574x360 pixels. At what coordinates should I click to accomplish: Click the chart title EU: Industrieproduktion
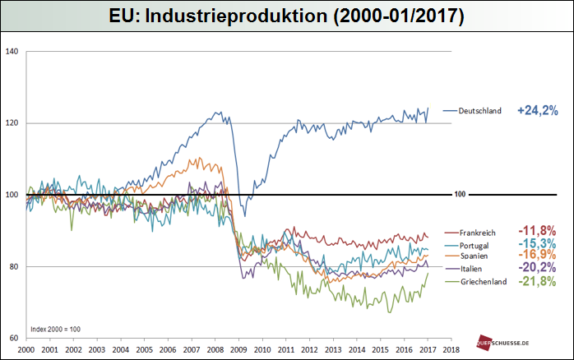click(286, 16)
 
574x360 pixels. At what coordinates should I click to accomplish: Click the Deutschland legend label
click(480, 110)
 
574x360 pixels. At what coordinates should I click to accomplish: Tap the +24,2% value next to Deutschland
click(539, 109)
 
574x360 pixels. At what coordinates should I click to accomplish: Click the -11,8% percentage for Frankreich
click(537, 230)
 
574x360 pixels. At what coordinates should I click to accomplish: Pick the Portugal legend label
click(475, 245)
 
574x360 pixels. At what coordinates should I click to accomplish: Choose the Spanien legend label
click(474, 256)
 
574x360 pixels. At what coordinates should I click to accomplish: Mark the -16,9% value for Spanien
click(537, 256)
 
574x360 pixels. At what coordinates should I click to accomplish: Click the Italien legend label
click(473, 269)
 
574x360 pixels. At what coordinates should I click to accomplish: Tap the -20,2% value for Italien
click(537, 268)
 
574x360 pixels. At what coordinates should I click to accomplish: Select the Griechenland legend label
click(483, 281)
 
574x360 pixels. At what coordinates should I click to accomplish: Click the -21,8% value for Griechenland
click(537, 281)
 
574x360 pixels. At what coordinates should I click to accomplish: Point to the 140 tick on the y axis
click(12, 52)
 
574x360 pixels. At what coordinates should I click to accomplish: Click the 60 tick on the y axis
click(14, 338)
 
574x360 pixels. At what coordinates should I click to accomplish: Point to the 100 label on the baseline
click(461, 196)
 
